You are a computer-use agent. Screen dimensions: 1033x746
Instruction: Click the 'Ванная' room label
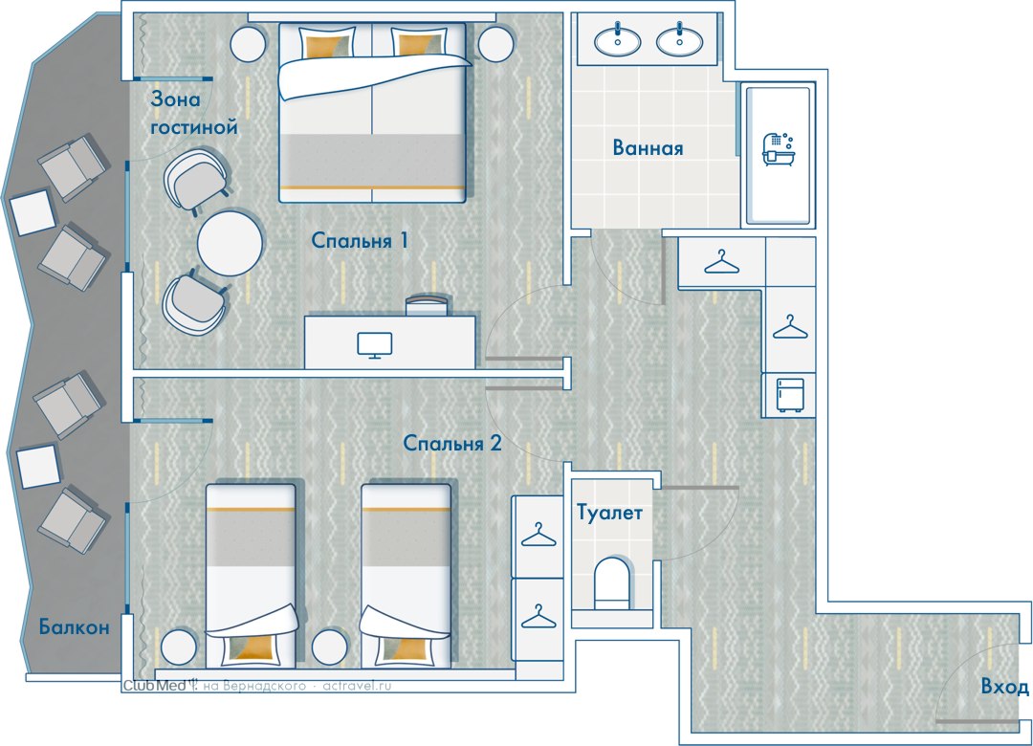coord(648,147)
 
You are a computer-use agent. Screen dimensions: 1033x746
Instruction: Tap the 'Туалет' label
coord(609,512)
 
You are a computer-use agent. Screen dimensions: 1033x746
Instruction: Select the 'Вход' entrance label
coord(1004,687)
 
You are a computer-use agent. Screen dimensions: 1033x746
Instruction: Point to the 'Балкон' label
coord(74,626)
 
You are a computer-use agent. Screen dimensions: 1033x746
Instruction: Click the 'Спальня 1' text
coord(360,240)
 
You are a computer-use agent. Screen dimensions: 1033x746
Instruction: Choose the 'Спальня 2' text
coord(451,443)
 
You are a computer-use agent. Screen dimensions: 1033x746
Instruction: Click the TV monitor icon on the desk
coord(375,345)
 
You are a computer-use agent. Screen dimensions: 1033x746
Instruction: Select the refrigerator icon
coord(789,395)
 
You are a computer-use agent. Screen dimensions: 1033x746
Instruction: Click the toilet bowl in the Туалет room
coord(612,583)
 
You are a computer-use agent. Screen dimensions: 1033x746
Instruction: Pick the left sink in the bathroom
coord(617,41)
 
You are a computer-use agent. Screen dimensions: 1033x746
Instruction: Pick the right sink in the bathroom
coord(680,41)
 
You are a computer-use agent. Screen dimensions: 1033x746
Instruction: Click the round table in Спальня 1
coord(230,243)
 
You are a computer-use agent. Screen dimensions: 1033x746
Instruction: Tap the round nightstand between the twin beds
coord(329,647)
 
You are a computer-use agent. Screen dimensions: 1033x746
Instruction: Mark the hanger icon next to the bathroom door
coord(721,262)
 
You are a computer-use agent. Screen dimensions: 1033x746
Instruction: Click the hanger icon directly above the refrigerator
coord(790,327)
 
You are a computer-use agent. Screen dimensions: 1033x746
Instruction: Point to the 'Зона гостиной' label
coord(193,113)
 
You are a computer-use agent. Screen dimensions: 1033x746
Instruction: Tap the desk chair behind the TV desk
coord(427,304)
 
